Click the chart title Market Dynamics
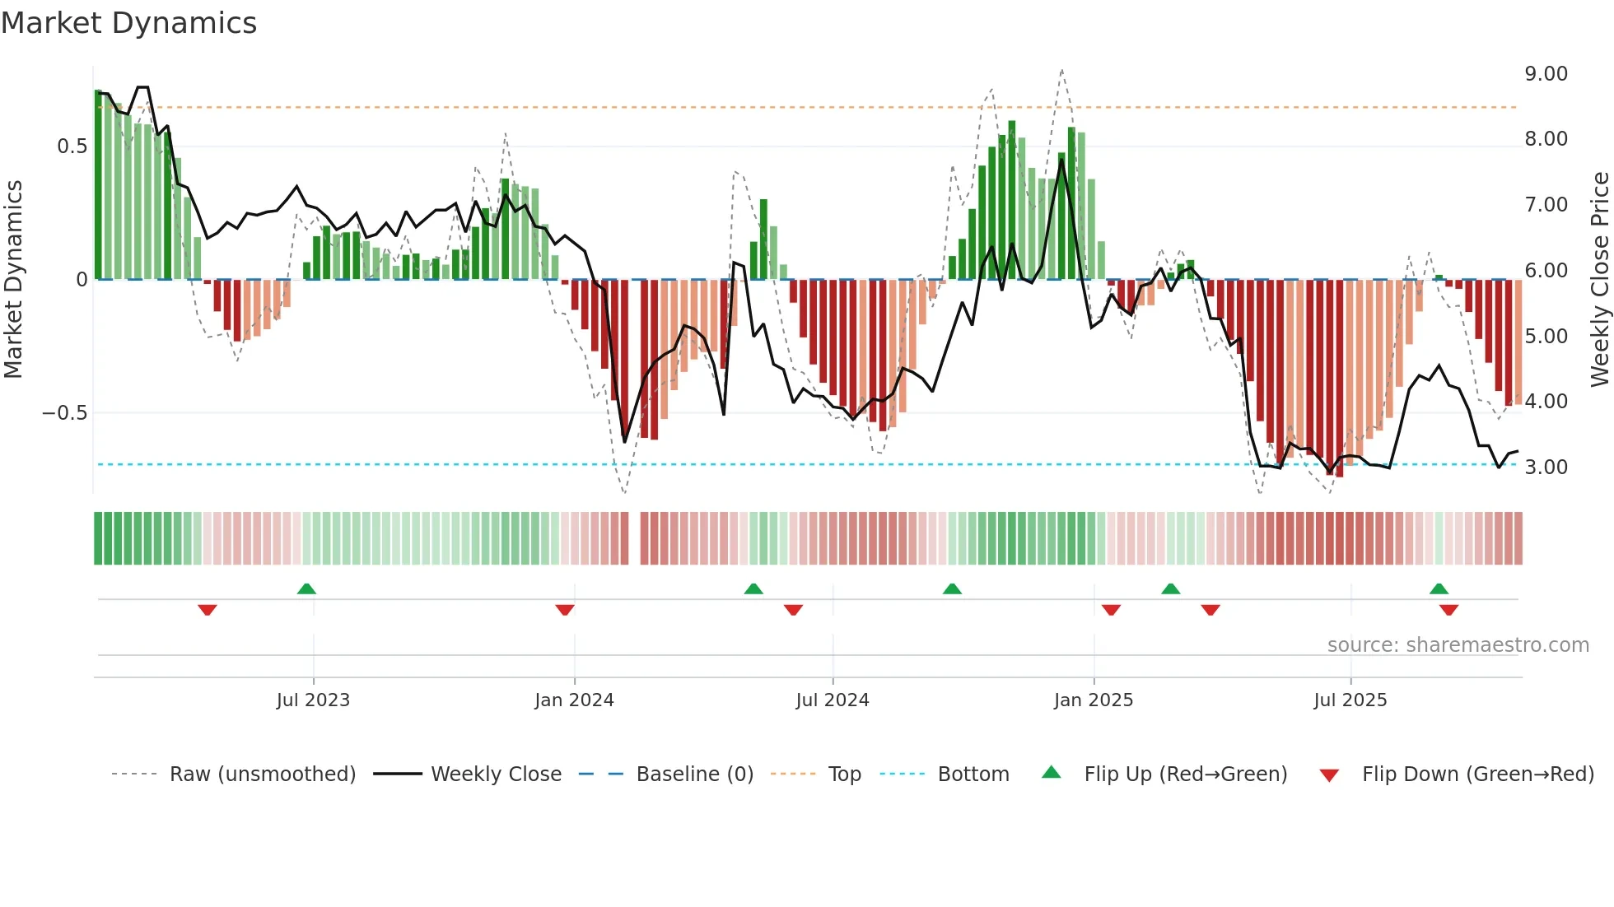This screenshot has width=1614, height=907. [128, 23]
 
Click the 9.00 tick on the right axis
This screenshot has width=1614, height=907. [1546, 74]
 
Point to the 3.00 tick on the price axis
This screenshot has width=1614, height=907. [1546, 467]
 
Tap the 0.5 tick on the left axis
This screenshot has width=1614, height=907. [72, 147]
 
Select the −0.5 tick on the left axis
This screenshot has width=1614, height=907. [64, 413]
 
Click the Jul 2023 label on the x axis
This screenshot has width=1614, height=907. [313, 700]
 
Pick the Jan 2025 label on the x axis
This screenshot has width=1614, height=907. [1094, 700]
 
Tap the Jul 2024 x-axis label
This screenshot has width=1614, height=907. [833, 700]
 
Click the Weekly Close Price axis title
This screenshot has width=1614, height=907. [1599, 280]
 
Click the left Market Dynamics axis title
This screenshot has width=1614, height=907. [13, 280]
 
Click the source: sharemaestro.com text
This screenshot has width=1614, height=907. [1458, 645]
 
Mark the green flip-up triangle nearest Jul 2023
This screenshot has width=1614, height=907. [306, 589]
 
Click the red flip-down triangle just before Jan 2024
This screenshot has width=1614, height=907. [565, 610]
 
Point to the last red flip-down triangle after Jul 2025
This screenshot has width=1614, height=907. [1448, 610]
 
